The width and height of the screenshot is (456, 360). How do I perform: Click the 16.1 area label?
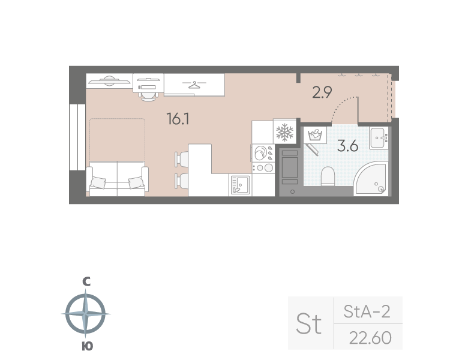pyautogui.click(x=178, y=119)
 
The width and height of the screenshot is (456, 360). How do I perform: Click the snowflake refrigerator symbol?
pyautogui.click(x=283, y=132)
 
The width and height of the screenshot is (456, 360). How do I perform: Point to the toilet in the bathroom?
pyautogui.click(x=328, y=176)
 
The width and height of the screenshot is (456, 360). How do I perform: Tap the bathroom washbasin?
pyautogui.click(x=379, y=137)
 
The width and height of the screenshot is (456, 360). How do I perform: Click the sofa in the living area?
pyautogui.click(x=118, y=178)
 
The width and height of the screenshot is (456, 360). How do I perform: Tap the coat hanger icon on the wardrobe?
pyautogui.click(x=194, y=85)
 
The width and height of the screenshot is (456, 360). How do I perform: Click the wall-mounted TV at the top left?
pyautogui.click(x=109, y=79)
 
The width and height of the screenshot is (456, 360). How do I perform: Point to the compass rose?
pyautogui.click(x=86, y=313)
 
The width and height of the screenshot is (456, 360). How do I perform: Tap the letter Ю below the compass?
pyautogui.click(x=86, y=346)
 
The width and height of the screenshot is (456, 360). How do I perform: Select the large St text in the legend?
pyautogui.click(x=310, y=324)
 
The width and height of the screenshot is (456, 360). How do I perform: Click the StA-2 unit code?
pyautogui.click(x=367, y=311)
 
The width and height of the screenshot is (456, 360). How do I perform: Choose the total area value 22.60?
pyautogui.click(x=370, y=338)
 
